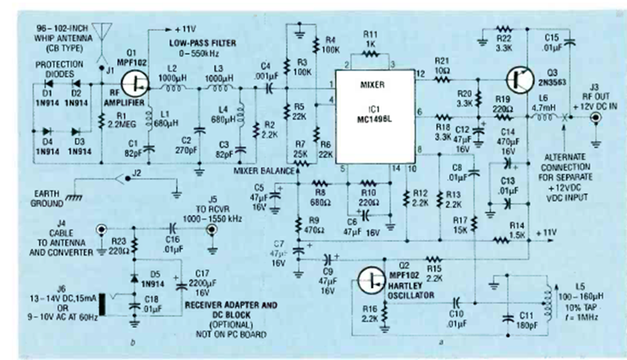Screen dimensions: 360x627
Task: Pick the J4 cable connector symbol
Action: (100, 230)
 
